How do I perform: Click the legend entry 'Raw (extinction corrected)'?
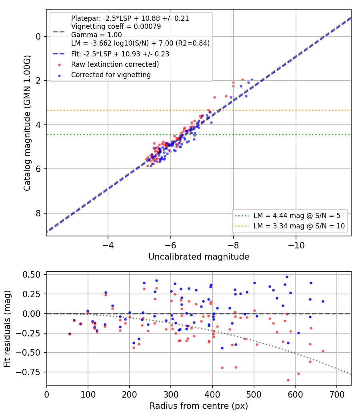115,64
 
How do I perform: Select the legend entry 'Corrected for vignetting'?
111,75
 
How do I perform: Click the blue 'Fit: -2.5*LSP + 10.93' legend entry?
120,54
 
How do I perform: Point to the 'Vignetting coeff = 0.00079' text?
116,26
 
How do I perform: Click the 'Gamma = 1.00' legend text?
96,35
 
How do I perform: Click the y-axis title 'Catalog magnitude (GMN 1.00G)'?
27,123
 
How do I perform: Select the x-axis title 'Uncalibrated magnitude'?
199,257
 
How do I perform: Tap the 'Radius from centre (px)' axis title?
199,406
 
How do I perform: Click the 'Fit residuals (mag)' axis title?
7,329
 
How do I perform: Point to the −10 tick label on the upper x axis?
296,245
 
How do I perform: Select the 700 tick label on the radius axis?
336,394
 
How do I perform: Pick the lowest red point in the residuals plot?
288,380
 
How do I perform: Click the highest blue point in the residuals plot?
287,277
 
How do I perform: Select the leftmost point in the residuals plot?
70,334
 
